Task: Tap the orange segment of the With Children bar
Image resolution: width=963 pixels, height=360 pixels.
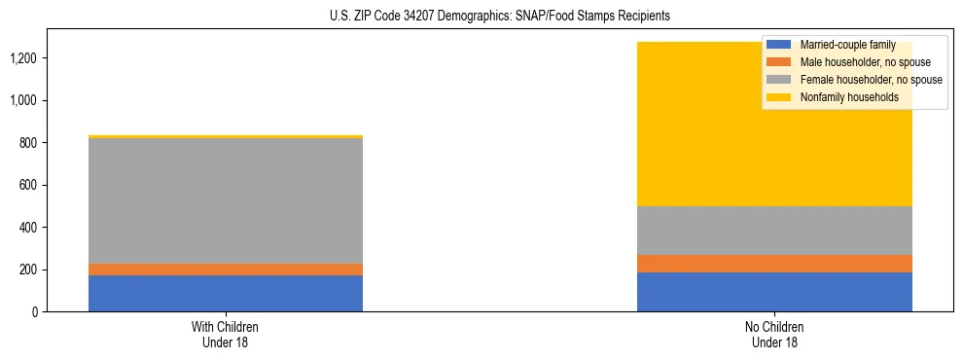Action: pyautogui.click(x=226, y=270)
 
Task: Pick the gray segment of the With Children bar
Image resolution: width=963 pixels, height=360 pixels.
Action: pyautogui.click(x=226, y=200)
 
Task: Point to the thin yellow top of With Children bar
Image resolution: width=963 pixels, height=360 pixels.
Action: pyautogui.click(x=226, y=137)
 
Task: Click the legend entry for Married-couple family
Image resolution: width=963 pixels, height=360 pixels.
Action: pyautogui.click(x=846, y=45)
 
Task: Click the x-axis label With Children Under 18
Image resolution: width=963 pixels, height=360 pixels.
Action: pyautogui.click(x=226, y=334)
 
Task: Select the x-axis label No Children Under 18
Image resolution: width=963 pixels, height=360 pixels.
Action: pyautogui.click(x=774, y=334)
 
